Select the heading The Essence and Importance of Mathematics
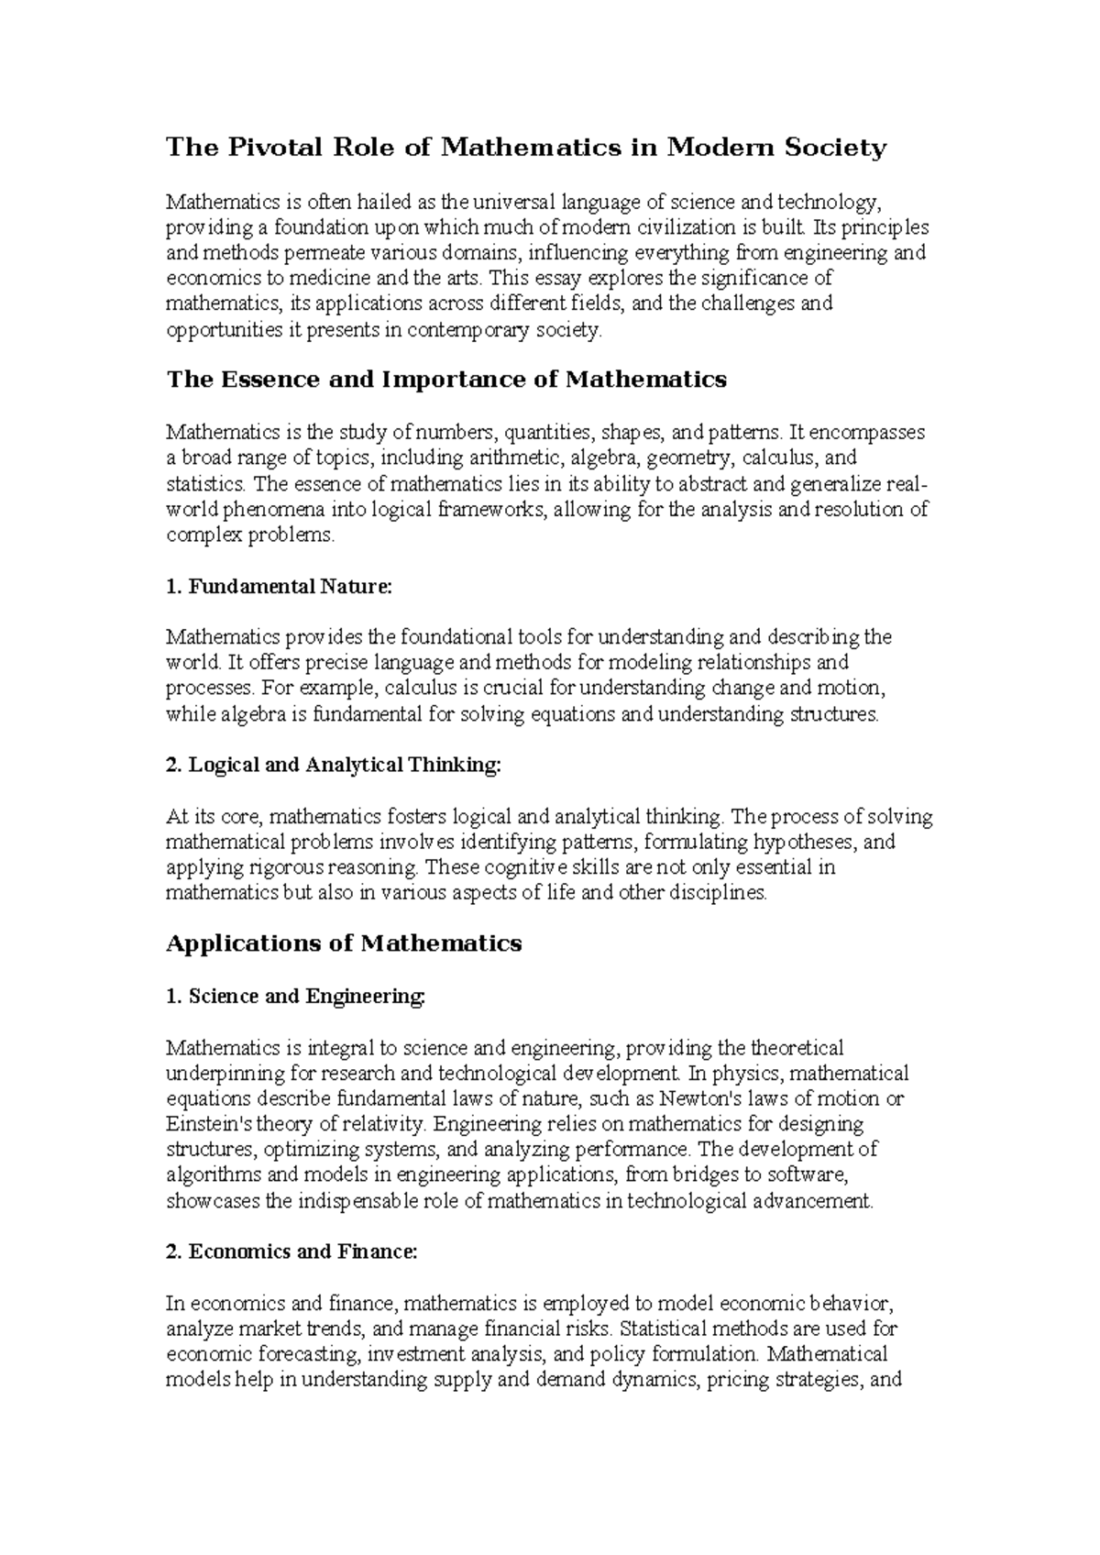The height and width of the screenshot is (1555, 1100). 446,380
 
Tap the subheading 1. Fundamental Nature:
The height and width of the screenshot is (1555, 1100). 279,587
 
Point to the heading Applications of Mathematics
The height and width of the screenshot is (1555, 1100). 344,943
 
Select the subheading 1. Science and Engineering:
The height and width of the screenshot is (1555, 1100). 296,997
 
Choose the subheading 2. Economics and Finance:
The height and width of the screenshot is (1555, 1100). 291,1252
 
